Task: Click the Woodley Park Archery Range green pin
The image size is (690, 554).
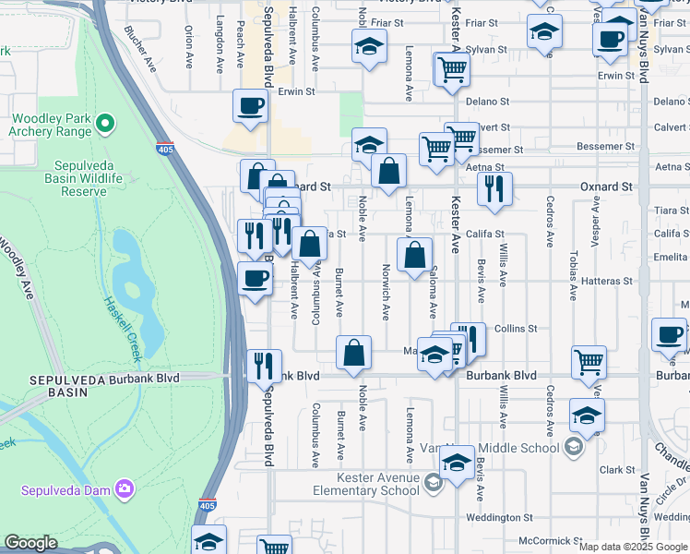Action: coord(105,122)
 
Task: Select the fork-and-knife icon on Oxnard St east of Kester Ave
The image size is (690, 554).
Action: coord(495,188)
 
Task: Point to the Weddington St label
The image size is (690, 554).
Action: coord(499,518)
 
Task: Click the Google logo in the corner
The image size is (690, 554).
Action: coord(30,543)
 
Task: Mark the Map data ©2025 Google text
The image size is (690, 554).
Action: coord(633,547)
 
